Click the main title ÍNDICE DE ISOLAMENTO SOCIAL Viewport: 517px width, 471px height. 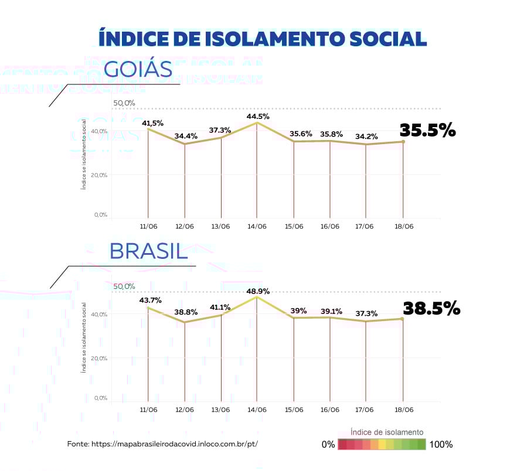pos(263,39)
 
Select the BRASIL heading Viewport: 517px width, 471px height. pos(148,251)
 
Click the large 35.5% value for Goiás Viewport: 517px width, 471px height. pos(427,130)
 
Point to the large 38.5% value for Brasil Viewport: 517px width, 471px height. pos(431,308)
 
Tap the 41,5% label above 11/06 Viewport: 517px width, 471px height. pos(152,123)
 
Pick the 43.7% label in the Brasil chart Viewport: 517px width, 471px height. pos(151,301)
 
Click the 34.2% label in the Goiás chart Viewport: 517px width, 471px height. pos(366,137)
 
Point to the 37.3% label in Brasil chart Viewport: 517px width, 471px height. pos(366,313)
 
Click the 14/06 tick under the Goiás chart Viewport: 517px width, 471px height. pos(257,226)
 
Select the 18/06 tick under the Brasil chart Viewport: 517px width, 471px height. pos(404,409)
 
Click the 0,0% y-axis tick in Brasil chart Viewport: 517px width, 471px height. pos(100,398)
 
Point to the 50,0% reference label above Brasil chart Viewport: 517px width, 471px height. pos(124,286)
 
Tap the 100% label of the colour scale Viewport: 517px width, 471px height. pos(441,445)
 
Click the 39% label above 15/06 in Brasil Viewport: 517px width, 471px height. pos(298,311)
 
